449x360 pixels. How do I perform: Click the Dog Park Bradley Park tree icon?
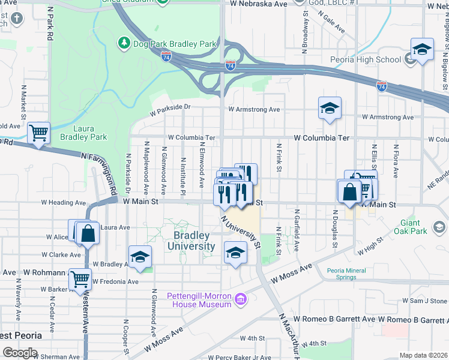point(124,43)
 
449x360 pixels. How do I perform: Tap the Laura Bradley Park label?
point(90,133)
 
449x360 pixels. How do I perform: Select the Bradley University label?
point(191,241)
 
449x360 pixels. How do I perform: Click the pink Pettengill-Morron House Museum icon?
point(241,298)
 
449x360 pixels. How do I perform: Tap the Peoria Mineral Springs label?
point(346,274)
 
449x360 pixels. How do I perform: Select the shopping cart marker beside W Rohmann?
point(79,278)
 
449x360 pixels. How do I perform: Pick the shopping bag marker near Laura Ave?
point(88,233)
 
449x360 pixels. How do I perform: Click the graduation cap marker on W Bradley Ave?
point(140,257)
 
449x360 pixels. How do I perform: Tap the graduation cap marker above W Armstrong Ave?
point(330,109)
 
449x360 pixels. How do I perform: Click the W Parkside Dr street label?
point(170,110)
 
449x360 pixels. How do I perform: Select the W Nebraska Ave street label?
point(257,3)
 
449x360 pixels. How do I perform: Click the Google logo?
point(19,353)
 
